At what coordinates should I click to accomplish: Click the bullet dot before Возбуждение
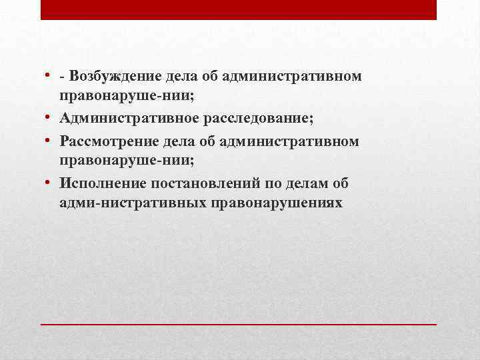[51, 75]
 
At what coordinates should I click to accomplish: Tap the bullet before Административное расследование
[51, 119]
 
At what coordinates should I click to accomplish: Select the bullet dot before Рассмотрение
[51, 141]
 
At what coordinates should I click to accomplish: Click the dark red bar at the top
[239, 9]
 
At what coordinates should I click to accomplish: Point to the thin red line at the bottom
[239, 323]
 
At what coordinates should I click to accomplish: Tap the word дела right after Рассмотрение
[175, 141]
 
